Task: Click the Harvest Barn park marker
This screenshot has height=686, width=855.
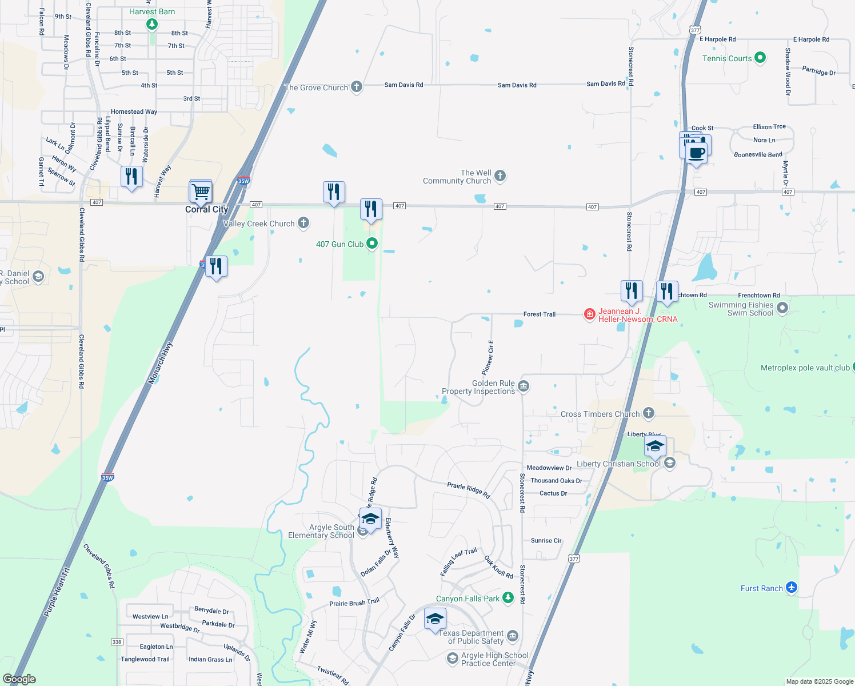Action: tap(151, 24)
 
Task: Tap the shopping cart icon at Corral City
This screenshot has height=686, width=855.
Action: tap(201, 192)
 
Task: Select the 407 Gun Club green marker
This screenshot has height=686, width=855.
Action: tap(372, 244)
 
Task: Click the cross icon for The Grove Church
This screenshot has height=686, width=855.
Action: tap(357, 87)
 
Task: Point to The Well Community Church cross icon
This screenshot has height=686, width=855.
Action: tap(500, 176)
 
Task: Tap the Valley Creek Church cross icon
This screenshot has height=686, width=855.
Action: tap(303, 223)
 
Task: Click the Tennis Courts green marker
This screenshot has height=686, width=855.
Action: tap(760, 58)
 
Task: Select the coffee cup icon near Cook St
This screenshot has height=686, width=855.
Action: tap(697, 153)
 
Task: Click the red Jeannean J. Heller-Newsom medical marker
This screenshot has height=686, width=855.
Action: tap(590, 314)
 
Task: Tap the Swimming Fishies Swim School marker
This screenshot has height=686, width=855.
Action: tap(782, 308)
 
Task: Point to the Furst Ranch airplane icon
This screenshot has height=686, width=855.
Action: tap(792, 588)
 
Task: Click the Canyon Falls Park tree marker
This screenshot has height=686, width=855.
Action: tap(508, 598)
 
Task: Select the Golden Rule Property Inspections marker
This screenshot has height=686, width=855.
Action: tap(524, 387)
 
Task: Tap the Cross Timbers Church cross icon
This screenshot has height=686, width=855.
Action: tap(648, 413)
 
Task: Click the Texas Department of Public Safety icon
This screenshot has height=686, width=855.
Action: tap(512, 636)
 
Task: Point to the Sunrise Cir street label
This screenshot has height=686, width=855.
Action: tap(546, 540)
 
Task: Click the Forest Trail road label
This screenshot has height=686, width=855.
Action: tap(540, 314)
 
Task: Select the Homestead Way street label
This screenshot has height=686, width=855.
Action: tap(134, 112)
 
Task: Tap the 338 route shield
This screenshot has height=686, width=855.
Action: tap(117, 642)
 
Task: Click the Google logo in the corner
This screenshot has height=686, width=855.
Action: tap(19, 679)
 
